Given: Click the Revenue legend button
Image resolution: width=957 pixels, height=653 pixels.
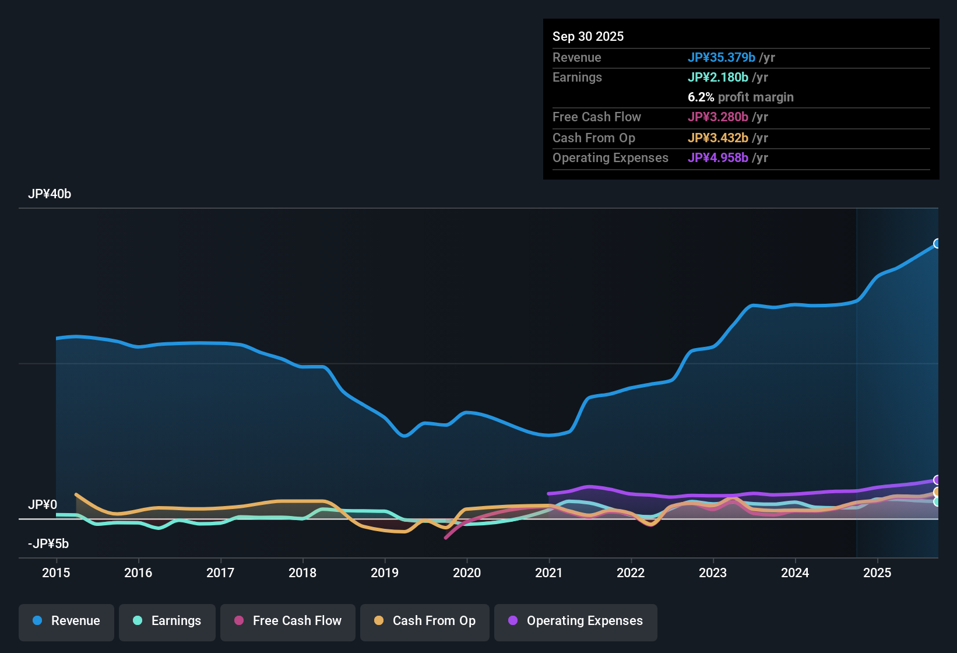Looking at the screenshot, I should point(66,621).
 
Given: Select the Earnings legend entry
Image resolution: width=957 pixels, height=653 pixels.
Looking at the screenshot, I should point(167,621).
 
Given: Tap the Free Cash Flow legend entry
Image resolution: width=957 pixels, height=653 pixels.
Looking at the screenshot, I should point(288,621).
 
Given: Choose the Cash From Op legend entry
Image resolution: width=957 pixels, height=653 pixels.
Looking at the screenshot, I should point(425,621).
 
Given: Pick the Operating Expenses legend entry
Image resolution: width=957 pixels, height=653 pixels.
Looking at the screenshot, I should point(576,621).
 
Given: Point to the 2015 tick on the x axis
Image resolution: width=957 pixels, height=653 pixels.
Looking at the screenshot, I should point(56,573).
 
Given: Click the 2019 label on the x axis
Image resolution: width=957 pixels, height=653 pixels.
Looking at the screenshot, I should point(385,573).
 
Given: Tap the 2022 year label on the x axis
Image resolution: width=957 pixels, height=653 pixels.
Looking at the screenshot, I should point(631,573).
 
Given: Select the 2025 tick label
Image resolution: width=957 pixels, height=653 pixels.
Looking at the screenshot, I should point(877,573).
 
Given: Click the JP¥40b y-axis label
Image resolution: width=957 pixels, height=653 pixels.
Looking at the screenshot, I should point(50,194).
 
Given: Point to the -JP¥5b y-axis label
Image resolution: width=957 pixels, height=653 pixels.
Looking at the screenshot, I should point(48,544).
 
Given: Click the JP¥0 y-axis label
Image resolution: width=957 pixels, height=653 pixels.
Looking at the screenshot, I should point(43,505).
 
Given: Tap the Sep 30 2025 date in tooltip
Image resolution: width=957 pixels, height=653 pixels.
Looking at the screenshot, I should point(588,36).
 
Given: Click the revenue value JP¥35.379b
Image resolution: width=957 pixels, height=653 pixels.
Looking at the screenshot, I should point(722,57).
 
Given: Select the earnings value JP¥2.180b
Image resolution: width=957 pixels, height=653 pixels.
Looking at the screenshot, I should point(718,77).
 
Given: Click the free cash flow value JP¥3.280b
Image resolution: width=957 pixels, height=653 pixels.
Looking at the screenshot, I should point(718,117).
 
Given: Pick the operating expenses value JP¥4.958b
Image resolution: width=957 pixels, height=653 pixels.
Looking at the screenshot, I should point(718,157).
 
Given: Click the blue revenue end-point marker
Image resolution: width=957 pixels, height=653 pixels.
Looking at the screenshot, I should point(937,244).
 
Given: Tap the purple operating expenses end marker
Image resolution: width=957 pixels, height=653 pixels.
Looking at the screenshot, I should point(937,480).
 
